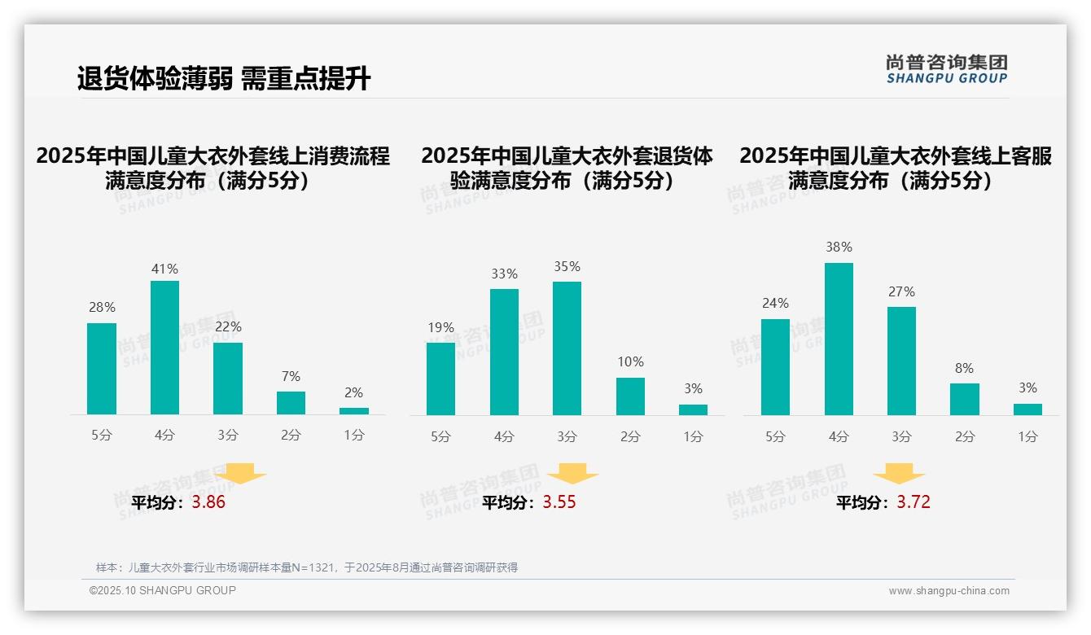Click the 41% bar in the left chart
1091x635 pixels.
point(164,348)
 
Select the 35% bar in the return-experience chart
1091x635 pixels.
point(567,348)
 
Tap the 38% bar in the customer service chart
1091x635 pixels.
point(839,339)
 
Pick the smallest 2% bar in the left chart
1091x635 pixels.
point(354,411)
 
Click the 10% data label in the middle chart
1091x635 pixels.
point(630,361)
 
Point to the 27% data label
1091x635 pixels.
point(901,291)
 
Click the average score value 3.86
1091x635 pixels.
point(208,502)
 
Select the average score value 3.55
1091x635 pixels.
point(559,502)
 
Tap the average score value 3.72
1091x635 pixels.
point(914,502)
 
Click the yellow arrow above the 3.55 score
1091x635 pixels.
point(572,473)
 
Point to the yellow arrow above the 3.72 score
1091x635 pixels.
point(899,473)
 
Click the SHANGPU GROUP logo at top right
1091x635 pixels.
point(946,69)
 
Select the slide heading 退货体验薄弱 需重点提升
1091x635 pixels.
point(224,78)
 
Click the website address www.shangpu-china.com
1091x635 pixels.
point(949,591)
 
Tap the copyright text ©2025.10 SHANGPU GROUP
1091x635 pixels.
point(163,590)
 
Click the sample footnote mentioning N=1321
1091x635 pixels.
point(307,567)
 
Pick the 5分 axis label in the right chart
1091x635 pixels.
point(775,436)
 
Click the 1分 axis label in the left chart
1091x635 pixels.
point(354,435)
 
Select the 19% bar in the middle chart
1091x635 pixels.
point(440,379)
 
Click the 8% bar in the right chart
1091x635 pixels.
point(964,399)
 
